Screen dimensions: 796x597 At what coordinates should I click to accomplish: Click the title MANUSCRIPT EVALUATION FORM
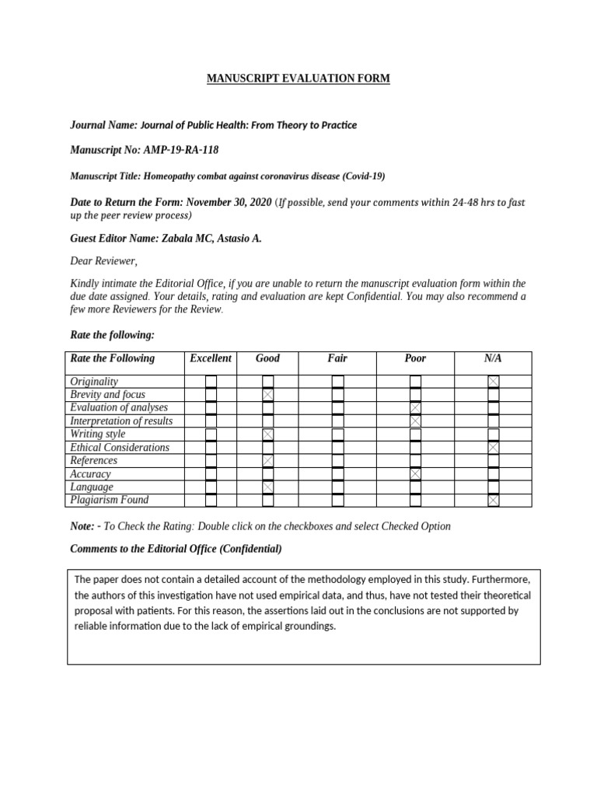point(298,79)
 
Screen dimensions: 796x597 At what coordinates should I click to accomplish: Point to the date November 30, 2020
point(227,202)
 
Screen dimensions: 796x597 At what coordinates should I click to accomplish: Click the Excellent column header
point(211,358)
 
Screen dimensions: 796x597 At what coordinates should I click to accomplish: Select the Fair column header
point(337,358)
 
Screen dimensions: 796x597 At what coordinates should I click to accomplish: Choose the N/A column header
point(493,358)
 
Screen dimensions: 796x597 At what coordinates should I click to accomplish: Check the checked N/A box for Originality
point(493,382)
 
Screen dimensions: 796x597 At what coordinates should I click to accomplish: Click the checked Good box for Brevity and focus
point(267,395)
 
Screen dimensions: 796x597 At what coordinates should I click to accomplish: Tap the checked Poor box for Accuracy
point(415,474)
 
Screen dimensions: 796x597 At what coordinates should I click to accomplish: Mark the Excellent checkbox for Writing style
point(211,435)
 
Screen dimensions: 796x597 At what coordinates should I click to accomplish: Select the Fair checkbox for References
point(337,461)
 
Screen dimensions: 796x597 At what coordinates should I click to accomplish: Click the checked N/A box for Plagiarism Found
point(493,501)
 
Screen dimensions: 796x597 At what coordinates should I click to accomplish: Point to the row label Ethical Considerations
point(119,448)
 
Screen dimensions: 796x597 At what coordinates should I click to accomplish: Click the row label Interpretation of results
point(121,421)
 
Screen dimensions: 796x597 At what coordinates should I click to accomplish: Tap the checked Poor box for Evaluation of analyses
point(415,408)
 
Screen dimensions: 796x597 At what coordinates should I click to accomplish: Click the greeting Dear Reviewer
point(103,261)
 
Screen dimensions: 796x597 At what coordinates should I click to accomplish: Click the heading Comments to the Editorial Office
point(176,549)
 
